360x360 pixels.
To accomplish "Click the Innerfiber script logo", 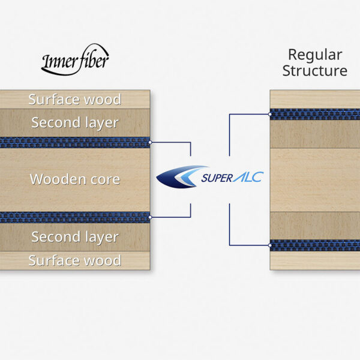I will (75, 60).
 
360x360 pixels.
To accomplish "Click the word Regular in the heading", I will (315, 55).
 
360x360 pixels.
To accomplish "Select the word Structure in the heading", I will (315, 71).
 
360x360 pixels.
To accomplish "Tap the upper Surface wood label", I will (74, 100).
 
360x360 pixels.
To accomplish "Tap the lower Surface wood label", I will (74, 260).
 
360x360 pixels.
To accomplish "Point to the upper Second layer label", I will (74, 123).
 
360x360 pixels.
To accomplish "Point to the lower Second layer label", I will (74, 237).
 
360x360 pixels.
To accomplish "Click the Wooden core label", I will (74, 179).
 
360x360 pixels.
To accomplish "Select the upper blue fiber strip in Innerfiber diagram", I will (74, 142).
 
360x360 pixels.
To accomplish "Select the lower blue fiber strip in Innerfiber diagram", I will (74, 217).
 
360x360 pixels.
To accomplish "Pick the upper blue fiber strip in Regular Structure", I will (315, 114).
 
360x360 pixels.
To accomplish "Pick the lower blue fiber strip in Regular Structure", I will (315, 245).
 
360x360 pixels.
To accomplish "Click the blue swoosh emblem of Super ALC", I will (179, 176).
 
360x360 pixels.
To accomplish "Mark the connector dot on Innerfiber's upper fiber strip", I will (150, 142).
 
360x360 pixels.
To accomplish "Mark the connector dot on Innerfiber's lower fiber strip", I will (150, 217).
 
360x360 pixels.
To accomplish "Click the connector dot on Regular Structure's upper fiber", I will (270, 114).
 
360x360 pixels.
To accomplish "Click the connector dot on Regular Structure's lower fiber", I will (270, 245).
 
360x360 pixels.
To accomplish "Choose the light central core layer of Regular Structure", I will (315, 179).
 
